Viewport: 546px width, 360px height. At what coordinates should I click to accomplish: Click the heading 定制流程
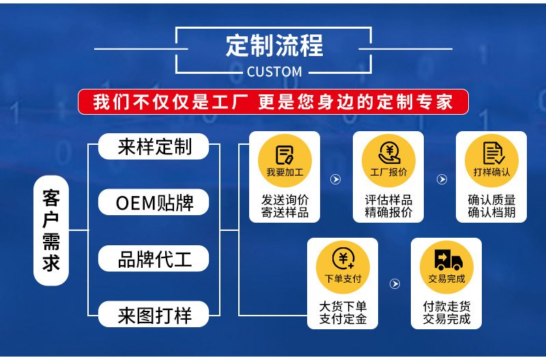point(274,46)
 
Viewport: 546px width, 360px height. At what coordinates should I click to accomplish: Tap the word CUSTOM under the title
point(274,72)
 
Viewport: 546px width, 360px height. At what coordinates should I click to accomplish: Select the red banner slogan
point(273,102)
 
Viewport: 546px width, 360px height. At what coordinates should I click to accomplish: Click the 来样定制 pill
point(154,146)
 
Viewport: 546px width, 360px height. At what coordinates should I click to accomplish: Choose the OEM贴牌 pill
point(154,203)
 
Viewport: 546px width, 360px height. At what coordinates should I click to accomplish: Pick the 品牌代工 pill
point(154,260)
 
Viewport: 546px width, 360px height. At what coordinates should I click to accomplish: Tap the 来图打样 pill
point(154,316)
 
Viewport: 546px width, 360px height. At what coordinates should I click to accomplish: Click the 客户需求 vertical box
point(51,230)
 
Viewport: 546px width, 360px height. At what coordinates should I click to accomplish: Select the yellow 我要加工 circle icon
point(285,161)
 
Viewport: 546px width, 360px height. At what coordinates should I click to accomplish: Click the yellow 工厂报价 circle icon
point(388,161)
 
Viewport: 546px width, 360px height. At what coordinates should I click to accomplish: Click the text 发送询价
point(285,200)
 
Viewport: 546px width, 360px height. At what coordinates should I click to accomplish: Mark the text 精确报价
point(388,212)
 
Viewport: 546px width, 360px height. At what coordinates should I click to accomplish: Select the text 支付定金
point(343,319)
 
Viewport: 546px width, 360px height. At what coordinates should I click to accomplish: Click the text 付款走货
point(446,307)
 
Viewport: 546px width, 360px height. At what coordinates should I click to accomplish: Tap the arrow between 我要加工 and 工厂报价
point(335,179)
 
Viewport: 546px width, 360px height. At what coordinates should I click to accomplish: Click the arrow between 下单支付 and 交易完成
point(394,283)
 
